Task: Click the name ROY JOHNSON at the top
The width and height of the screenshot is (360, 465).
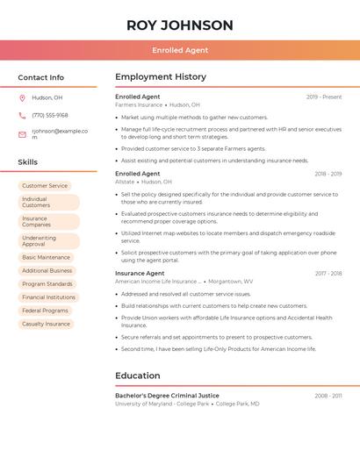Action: tap(180, 25)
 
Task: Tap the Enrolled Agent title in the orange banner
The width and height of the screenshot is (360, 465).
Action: tap(180, 50)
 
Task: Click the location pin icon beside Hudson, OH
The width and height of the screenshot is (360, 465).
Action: tap(22, 97)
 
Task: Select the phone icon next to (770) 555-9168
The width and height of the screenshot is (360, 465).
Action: tap(22, 115)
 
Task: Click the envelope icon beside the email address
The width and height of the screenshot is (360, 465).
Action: tap(22, 134)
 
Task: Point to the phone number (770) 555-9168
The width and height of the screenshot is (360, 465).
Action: tap(50, 115)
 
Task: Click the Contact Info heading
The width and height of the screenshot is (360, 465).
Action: tap(40, 77)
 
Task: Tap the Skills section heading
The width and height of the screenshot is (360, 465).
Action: tap(27, 162)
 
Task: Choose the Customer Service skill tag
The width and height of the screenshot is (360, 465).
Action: tap(45, 186)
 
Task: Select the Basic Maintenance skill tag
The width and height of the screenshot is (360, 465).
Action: tap(46, 257)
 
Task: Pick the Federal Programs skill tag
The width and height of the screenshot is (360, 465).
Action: tap(45, 311)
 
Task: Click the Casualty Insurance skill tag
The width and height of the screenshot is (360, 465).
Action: tap(46, 324)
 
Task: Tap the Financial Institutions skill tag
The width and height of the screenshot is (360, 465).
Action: tap(48, 297)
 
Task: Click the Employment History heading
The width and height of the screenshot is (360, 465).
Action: tap(161, 77)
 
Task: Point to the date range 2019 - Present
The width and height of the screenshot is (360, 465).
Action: tap(324, 97)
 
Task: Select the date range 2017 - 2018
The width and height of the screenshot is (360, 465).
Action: tap(328, 274)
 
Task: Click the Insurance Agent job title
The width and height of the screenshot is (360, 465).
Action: tap(140, 273)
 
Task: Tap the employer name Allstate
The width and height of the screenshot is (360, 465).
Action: tap(125, 182)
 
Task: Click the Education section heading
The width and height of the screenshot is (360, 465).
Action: tap(138, 376)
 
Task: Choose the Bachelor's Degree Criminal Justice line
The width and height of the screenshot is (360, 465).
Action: tap(167, 396)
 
